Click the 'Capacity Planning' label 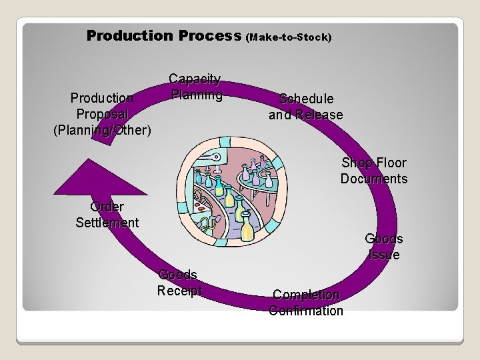[x=195, y=87]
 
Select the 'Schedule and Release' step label [x=306, y=107]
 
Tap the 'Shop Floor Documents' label [x=373, y=171]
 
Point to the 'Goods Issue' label [x=383, y=247]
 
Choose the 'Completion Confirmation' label [x=306, y=303]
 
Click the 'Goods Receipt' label [x=179, y=283]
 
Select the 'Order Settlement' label [x=107, y=215]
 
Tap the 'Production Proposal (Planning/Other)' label [x=102, y=114]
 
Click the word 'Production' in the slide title [x=129, y=35]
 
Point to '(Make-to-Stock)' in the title [x=289, y=37]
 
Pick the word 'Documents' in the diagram [x=373, y=179]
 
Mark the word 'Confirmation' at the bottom [x=306, y=311]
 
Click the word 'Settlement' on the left [x=107, y=223]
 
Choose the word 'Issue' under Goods [x=383, y=255]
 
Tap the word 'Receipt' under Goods [x=179, y=291]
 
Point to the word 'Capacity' [x=195, y=79]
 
